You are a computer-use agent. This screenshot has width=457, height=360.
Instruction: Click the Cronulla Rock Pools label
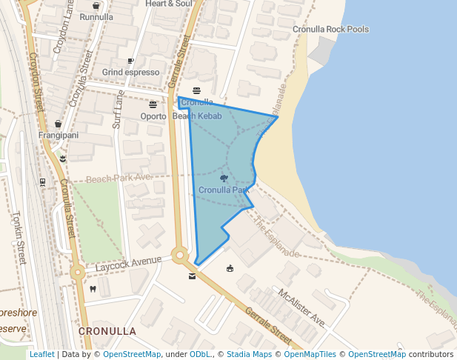point(330,30)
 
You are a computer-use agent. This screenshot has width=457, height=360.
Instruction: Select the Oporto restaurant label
point(153,116)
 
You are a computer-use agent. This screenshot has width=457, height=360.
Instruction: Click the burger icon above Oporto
point(153,104)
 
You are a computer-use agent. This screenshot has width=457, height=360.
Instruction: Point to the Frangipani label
point(59,136)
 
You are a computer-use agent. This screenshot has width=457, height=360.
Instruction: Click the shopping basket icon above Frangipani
point(59,124)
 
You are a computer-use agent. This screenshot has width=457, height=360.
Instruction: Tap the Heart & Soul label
point(169,4)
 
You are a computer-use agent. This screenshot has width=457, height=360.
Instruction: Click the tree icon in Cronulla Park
point(224,179)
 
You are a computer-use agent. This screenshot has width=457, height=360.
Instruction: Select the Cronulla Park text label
point(224,190)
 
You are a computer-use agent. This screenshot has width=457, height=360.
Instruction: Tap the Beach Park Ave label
point(119,178)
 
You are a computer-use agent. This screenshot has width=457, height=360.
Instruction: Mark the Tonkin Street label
point(19,238)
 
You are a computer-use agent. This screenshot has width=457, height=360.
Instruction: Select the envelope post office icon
point(193,277)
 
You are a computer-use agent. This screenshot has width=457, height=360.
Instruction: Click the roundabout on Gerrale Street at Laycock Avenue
point(179,256)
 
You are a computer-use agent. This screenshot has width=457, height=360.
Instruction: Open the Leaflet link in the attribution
point(41,355)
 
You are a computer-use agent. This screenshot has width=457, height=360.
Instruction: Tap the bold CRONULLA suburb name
point(107,330)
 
